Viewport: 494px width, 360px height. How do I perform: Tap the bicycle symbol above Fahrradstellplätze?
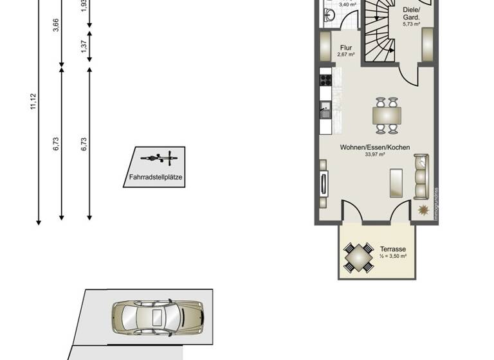(158, 156)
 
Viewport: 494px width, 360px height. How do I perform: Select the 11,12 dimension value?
(33, 102)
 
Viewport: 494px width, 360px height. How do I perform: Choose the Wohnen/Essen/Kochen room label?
(375, 147)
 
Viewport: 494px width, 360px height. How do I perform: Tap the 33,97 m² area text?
(375, 155)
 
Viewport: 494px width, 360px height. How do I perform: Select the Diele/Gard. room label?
(411, 14)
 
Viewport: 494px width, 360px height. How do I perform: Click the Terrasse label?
(392, 248)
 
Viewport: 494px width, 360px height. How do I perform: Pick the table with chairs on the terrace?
(358, 257)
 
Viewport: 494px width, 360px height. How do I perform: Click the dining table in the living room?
(387, 115)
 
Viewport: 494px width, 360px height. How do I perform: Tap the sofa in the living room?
(421, 176)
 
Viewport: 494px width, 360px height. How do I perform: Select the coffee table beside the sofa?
(396, 183)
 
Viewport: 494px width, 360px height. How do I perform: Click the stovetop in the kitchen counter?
(325, 80)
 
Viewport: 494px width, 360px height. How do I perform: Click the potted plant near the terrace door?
(423, 210)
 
